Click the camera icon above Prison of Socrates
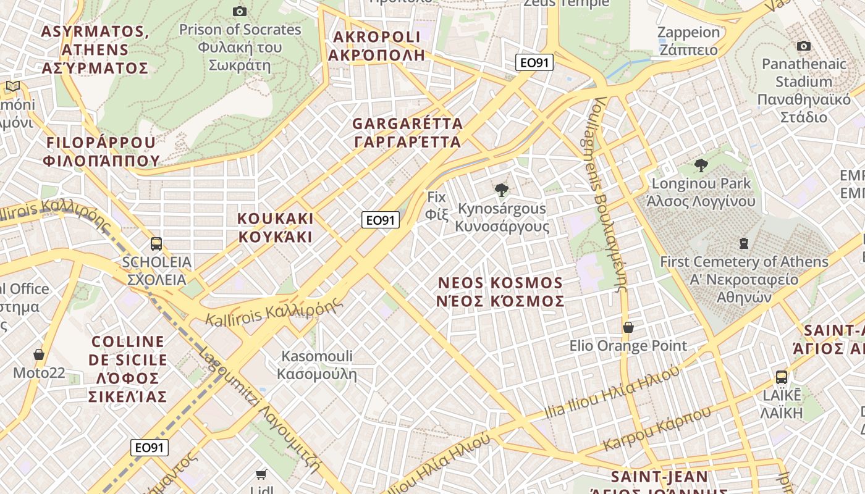240,11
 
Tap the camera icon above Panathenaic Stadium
803,46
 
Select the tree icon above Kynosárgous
502,190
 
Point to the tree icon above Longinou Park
701,165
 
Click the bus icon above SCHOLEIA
156,243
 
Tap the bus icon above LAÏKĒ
781,377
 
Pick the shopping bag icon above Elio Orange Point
628,327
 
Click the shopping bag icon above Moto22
39,354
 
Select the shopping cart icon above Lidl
261,474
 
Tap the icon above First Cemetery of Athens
744,243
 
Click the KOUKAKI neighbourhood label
276,228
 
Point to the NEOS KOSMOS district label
500,292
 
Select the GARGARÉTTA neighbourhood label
407,133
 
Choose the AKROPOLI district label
377,46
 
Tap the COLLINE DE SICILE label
128,369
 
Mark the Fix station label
436,206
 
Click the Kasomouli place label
317,365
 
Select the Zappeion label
688,41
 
